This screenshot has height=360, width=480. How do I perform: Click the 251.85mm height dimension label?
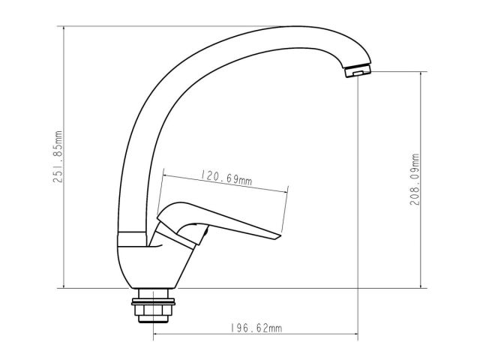pyautogui.click(x=58, y=157)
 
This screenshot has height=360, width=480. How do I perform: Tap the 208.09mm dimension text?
pyautogui.click(x=415, y=179)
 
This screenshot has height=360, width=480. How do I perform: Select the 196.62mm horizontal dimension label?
pyautogui.click(x=256, y=328)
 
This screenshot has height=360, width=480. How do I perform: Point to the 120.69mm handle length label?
pyautogui.click(x=226, y=178)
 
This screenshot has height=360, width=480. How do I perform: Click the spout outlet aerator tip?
pyautogui.click(x=358, y=71)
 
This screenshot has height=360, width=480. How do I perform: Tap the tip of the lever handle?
pyautogui.click(x=280, y=237)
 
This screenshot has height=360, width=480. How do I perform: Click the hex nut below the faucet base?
pyautogui.click(x=153, y=310)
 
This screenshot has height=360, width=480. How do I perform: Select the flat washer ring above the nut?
pyautogui.click(x=153, y=301)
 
